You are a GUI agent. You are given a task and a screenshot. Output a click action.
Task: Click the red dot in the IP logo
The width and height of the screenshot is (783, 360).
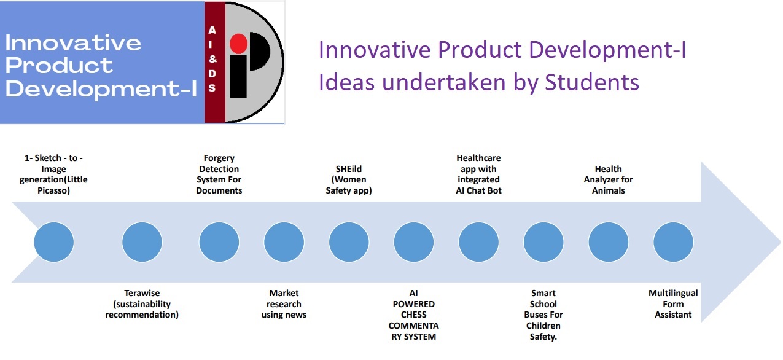[x=239, y=44]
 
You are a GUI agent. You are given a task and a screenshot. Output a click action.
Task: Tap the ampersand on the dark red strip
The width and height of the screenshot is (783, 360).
[x=212, y=59]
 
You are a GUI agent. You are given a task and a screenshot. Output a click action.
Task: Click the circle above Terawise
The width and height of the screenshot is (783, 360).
[x=142, y=242]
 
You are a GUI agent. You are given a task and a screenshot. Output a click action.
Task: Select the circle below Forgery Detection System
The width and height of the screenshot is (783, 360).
[x=219, y=242]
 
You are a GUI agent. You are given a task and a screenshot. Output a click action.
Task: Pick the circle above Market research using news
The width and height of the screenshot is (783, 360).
[x=284, y=242]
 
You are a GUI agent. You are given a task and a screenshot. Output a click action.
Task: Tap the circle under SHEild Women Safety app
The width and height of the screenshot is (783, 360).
[x=349, y=242]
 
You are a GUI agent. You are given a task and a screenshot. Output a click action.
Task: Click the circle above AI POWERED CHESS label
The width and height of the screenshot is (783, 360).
[x=413, y=242]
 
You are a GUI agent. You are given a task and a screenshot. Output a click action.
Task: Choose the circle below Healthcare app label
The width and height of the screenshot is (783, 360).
[x=478, y=242]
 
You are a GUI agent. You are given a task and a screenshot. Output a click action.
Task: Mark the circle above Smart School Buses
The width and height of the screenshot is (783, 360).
[x=543, y=242]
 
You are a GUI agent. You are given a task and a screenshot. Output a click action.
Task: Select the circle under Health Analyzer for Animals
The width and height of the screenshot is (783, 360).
[x=608, y=242]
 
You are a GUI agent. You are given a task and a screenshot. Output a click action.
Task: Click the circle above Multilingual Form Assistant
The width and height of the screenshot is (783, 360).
[x=673, y=242]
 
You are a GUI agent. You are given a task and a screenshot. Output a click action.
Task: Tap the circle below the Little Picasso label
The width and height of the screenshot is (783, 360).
[x=54, y=242]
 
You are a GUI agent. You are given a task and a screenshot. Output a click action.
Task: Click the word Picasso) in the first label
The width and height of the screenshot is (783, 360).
[x=54, y=190]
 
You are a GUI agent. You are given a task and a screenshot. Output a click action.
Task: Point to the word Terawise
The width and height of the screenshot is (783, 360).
[x=142, y=293]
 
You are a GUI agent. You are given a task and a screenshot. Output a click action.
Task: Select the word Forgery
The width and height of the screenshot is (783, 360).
[x=219, y=158]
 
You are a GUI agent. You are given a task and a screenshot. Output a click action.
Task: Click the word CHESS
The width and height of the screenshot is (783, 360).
[x=413, y=315]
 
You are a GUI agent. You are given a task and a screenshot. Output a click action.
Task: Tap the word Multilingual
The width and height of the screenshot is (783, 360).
[x=673, y=293]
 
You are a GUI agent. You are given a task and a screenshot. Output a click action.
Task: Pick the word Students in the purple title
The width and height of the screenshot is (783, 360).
[x=592, y=82]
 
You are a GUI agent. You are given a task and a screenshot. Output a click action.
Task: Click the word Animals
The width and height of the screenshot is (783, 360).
[x=608, y=190]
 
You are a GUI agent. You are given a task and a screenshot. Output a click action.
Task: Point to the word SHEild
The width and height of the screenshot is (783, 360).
[x=349, y=169]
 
